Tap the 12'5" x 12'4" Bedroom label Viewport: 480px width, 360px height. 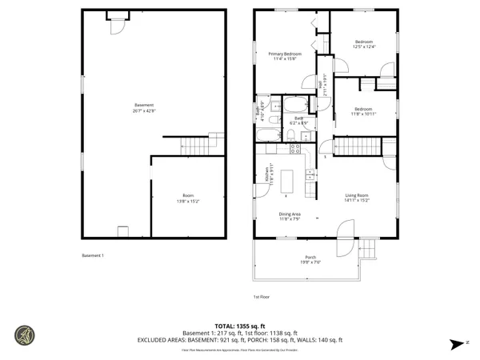364,44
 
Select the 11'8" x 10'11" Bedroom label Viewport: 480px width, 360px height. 364,110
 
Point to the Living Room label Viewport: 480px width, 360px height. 357,197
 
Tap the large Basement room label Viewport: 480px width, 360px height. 145,107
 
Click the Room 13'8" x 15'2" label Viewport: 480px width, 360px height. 189,198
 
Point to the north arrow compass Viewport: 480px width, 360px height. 457,343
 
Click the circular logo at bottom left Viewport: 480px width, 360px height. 24,337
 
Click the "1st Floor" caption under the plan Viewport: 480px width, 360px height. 261,297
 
